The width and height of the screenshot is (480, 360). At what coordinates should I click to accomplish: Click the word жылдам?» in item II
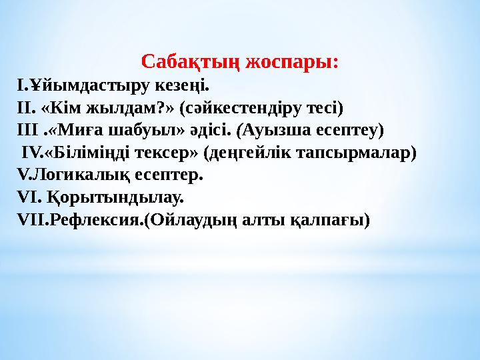point(135,108)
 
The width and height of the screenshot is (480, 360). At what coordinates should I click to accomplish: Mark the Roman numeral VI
point(27,198)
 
